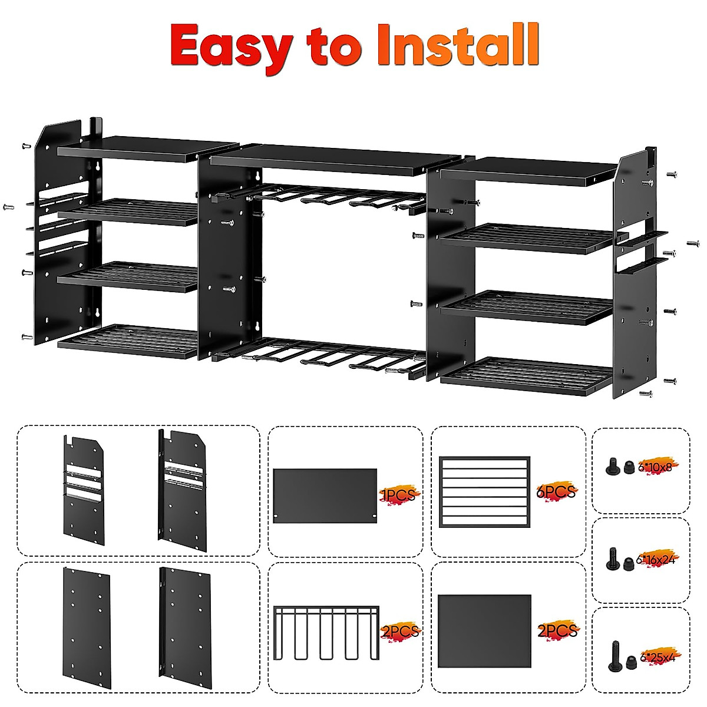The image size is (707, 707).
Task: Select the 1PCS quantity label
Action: point(398,495)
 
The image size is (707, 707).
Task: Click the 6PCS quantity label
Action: point(557,491)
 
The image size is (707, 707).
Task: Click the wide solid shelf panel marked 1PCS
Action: point(325,495)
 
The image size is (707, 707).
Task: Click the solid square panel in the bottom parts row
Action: point(484,630)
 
